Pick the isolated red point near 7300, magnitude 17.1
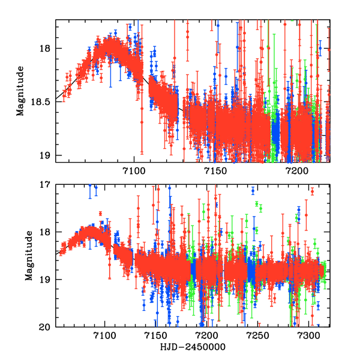click(312, 191)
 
